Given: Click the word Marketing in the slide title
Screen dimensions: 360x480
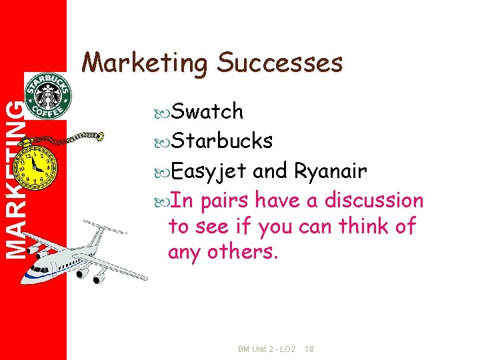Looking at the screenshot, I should coord(145,63).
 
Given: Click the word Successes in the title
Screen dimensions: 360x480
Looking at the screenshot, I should coord(280,63).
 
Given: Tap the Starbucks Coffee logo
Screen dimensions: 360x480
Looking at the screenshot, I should coord(48,95).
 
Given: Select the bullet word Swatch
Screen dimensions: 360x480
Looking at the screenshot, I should coord(207,112).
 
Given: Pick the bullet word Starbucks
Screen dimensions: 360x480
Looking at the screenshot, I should coord(222,141).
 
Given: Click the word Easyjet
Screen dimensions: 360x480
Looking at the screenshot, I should coord(209,171).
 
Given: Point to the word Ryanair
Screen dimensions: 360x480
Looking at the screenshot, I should coord(330,171).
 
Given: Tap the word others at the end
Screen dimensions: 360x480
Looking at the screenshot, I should coord(247,253).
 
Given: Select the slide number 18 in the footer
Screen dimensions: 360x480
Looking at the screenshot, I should coord(310,349).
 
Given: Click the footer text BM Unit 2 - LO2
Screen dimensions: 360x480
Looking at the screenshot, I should coord(267,349).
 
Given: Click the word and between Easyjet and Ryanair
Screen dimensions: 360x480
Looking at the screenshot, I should coord(269,171).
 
